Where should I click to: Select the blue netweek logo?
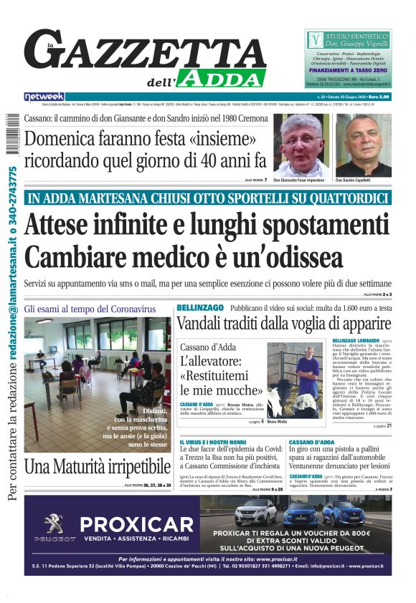tap(44, 97)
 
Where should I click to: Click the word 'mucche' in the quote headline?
tap(227, 390)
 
